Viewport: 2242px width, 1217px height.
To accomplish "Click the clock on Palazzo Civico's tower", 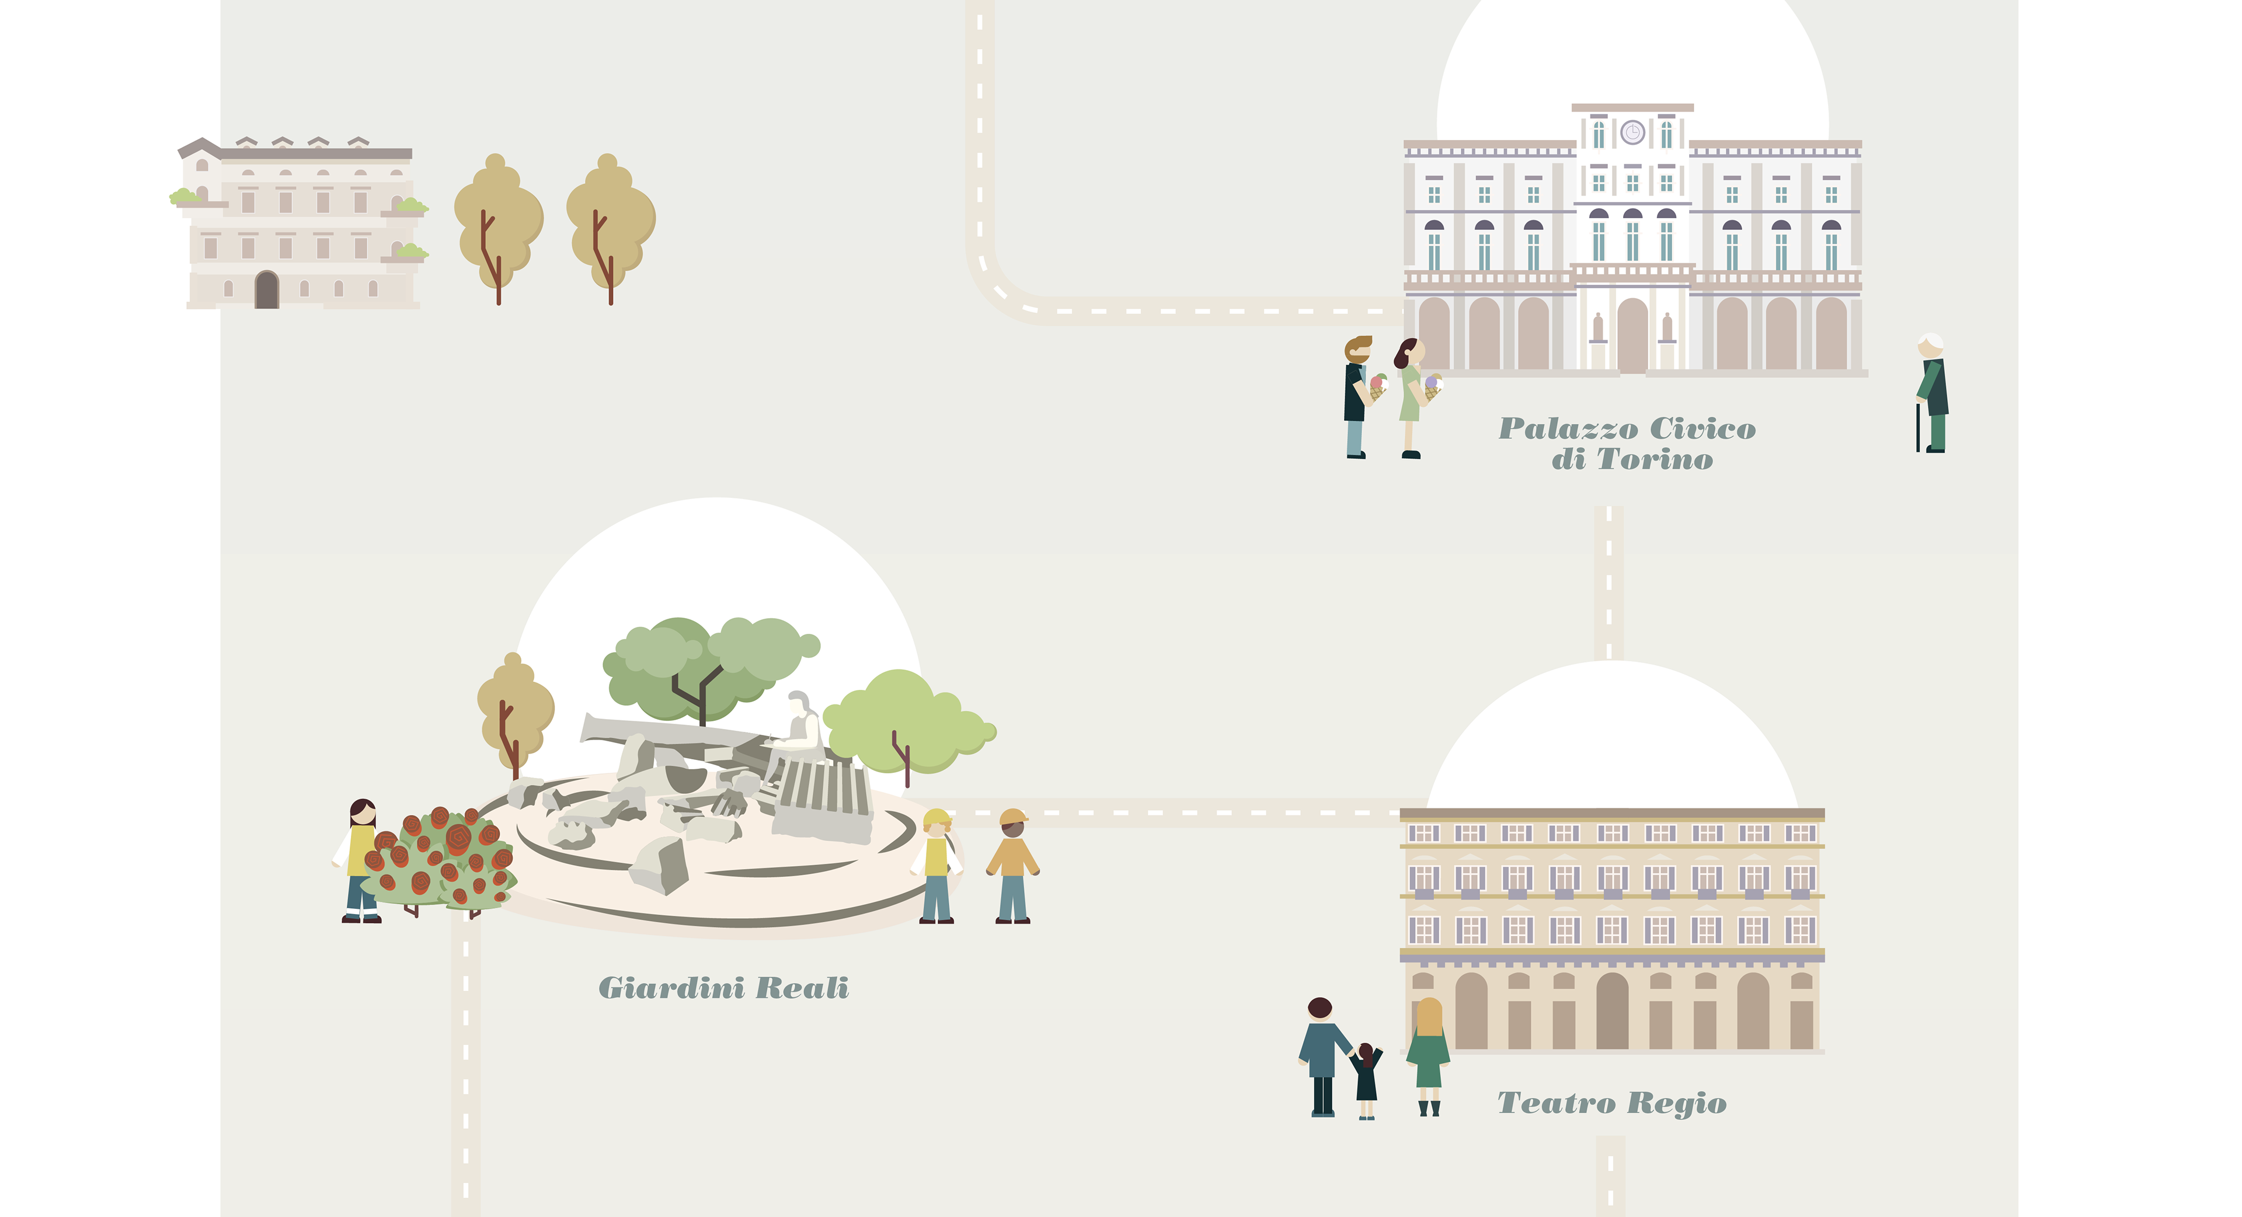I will pyautogui.click(x=1633, y=133).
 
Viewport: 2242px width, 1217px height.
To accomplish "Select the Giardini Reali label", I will pyautogui.click(x=723, y=988).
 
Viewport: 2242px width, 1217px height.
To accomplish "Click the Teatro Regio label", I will pyautogui.click(x=1612, y=1103).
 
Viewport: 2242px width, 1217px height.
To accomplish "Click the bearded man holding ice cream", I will pyautogui.click(x=1356, y=396).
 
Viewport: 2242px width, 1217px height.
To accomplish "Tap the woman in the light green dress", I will pyautogui.click(x=1410, y=396).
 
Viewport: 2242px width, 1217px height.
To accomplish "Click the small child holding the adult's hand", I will pyautogui.click(x=1366, y=1079).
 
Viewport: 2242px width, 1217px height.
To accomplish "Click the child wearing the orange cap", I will pyautogui.click(x=1013, y=866).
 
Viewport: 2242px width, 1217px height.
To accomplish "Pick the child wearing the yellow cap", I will pyautogui.click(x=937, y=866).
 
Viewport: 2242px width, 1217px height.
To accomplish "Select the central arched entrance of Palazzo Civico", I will pyautogui.click(x=1633, y=336).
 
